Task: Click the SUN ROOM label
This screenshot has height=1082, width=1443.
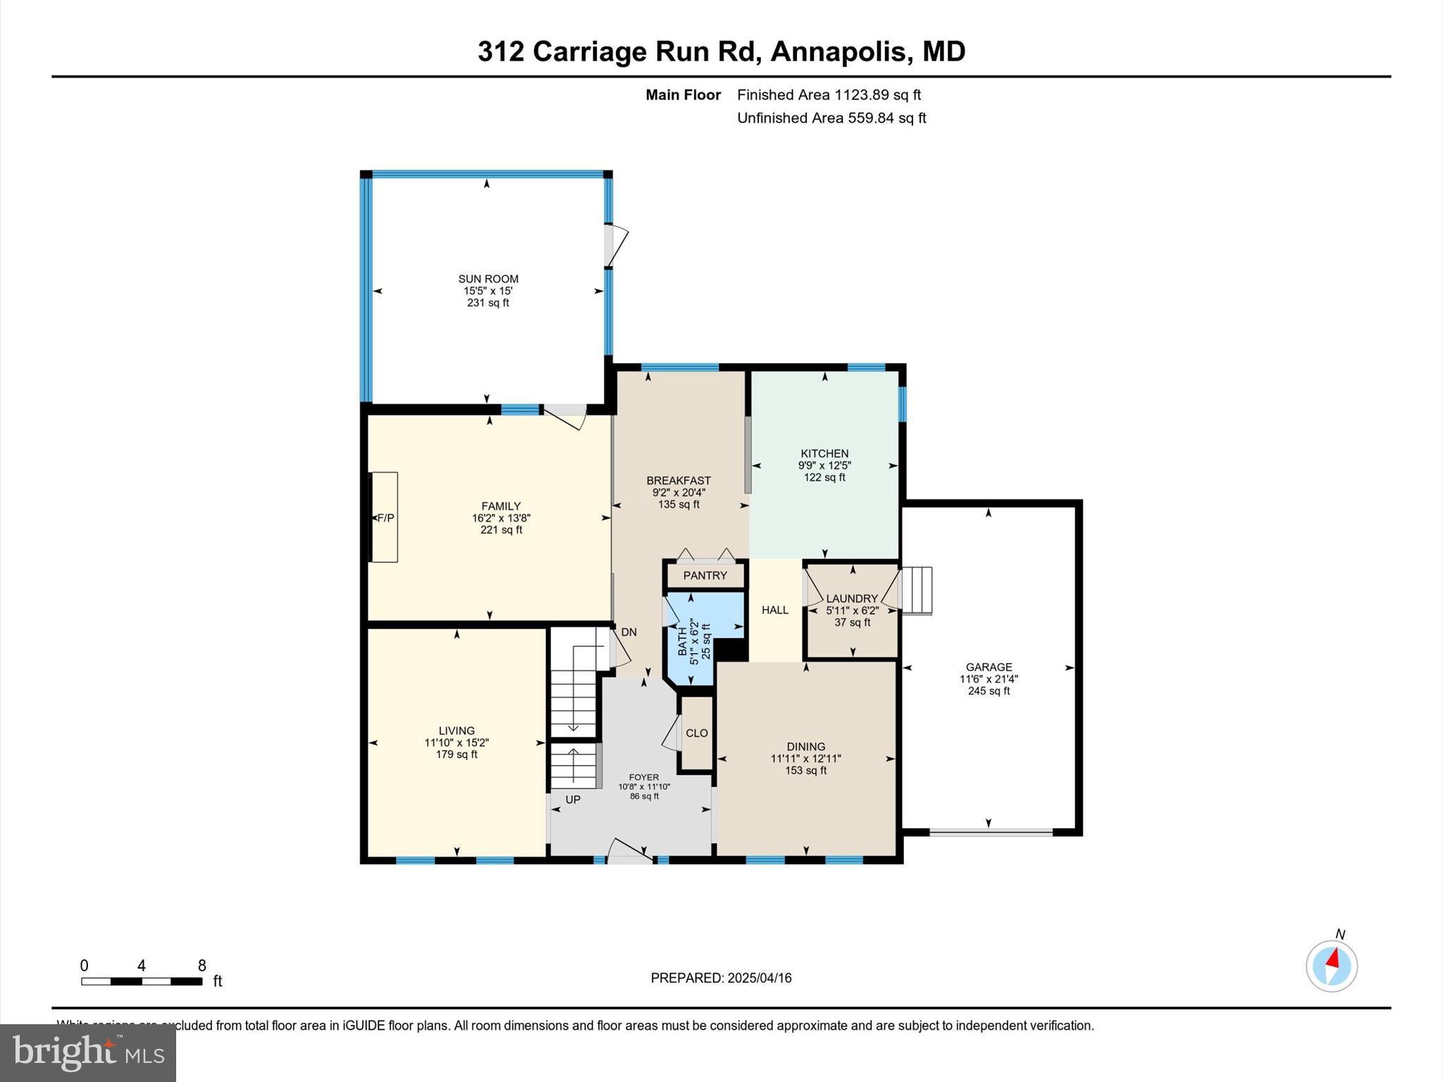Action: [x=488, y=279]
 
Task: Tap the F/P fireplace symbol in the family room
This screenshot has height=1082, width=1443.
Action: [x=385, y=518]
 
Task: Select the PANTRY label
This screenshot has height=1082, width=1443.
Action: [x=705, y=576]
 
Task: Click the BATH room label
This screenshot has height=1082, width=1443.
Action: [x=682, y=641]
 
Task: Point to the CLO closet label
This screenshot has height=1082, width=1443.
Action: [x=696, y=733]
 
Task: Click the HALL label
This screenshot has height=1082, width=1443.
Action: [x=774, y=610]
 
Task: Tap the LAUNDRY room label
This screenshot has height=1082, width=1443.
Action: [x=852, y=599]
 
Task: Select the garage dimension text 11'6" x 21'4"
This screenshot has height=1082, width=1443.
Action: [x=989, y=679]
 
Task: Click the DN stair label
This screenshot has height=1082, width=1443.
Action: [x=628, y=633]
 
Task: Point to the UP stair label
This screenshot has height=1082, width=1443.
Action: [x=573, y=800]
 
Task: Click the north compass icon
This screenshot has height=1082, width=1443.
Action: [x=1331, y=965]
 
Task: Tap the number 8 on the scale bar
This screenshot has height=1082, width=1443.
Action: [x=202, y=966]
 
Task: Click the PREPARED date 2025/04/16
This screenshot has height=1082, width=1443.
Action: [x=760, y=978]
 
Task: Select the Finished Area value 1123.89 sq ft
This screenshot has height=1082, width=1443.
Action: [x=877, y=95]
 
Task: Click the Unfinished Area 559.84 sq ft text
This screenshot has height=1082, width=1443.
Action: [x=831, y=118]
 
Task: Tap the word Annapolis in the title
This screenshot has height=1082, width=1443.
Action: [x=838, y=51]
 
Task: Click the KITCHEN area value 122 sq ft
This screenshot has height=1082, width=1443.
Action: [x=824, y=478]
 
